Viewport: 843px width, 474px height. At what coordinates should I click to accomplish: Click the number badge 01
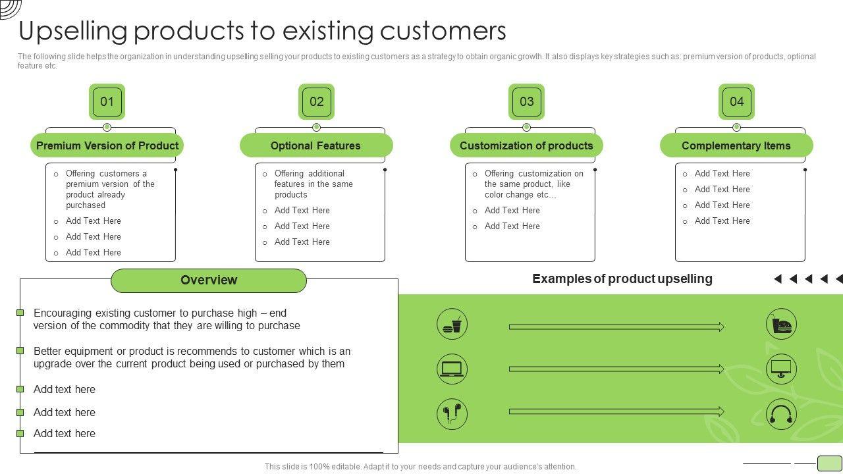pos(107,101)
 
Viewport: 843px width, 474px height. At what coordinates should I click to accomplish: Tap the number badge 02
pos(316,101)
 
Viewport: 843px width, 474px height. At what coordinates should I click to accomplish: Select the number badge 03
pos(526,101)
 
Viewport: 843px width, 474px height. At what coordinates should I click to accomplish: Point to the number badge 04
pos(736,101)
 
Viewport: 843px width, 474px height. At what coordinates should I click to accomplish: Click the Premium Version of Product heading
pos(107,145)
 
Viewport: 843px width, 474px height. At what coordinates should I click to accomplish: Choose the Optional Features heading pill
pos(316,145)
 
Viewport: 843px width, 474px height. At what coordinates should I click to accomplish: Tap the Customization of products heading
pos(526,145)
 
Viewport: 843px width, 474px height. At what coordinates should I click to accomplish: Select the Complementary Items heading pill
pos(736,145)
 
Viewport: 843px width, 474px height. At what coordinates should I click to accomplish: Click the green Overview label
pos(209,280)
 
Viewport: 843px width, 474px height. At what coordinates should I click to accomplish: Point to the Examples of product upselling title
pos(622,278)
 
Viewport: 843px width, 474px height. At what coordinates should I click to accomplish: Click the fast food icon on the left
pos(452,325)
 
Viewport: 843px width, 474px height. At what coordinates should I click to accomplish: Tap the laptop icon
pos(452,369)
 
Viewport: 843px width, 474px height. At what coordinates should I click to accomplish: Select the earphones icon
pos(452,414)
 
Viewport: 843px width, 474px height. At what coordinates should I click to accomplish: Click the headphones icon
pos(781,414)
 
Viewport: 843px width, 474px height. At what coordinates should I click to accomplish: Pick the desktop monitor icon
pos(781,369)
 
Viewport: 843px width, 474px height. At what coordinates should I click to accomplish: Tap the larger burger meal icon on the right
pos(781,325)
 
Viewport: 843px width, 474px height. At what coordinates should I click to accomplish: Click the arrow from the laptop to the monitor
pos(616,369)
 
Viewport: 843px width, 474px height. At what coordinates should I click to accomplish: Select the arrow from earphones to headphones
pos(616,411)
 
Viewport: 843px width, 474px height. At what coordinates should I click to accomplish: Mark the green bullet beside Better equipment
pos(20,351)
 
